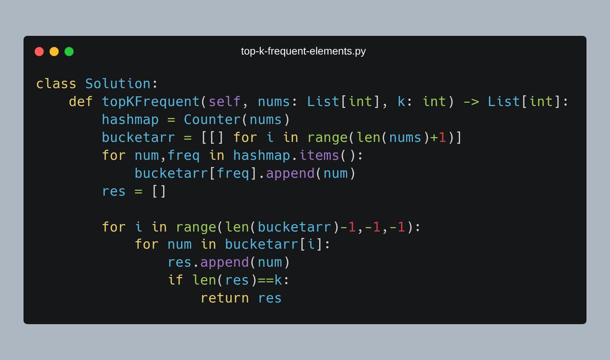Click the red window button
click(39, 51)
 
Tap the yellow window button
click(54, 51)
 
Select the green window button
click(69, 51)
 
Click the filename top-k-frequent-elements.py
click(303, 51)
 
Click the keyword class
click(56, 84)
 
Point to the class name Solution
click(117, 84)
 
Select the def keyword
click(81, 102)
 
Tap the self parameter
click(225, 102)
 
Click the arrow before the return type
click(471, 102)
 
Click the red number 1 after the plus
click(442, 138)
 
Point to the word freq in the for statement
click(184, 156)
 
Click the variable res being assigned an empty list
click(114, 191)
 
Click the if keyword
click(175, 280)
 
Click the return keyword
click(225, 298)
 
